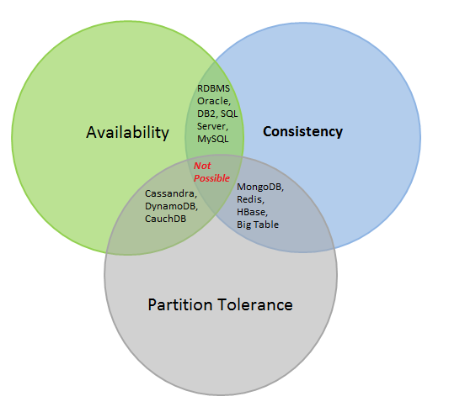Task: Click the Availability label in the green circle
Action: point(127,133)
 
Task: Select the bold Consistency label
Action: point(302,131)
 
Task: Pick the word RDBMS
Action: point(214,87)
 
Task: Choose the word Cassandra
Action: point(179,194)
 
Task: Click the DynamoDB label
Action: point(180,206)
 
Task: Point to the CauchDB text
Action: point(176,219)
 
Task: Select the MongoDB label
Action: point(260,187)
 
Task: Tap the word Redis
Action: point(250,199)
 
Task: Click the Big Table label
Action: point(258,225)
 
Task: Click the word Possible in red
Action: point(211,178)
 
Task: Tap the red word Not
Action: point(203,166)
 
